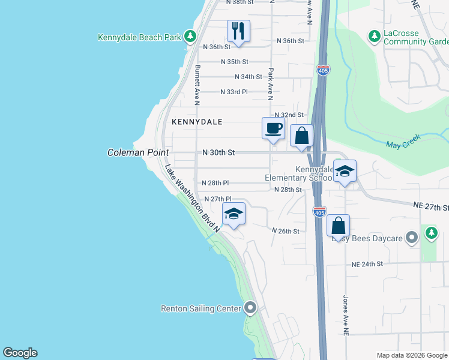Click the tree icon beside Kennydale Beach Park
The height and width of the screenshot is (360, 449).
[x=190, y=37]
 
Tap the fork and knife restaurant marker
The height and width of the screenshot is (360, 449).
[x=238, y=31]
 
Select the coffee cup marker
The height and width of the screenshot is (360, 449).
[x=273, y=128]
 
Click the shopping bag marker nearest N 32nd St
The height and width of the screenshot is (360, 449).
[x=301, y=136]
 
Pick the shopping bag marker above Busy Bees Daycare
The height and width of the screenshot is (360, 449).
[x=339, y=226]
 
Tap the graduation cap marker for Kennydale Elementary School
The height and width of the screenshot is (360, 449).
[x=345, y=172]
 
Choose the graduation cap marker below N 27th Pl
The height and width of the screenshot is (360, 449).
[x=234, y=214]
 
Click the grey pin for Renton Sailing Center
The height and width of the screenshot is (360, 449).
[x=251, y=308]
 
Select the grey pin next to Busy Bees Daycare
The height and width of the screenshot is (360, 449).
[x=411, y=238]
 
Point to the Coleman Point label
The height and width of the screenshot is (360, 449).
[x=137, y=152]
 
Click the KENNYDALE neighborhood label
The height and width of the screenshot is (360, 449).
[x=197, y=122]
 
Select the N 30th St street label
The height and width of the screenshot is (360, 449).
[x=218, y=152]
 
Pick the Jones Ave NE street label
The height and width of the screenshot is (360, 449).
[x=345, y=315]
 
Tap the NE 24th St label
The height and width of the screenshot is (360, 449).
[x=367, y=264]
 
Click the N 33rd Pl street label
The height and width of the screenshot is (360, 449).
[x=234, y=92]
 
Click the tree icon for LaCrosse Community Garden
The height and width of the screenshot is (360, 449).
[x=375, y=37]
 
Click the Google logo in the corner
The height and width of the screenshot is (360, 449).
[x=20, y=353]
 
